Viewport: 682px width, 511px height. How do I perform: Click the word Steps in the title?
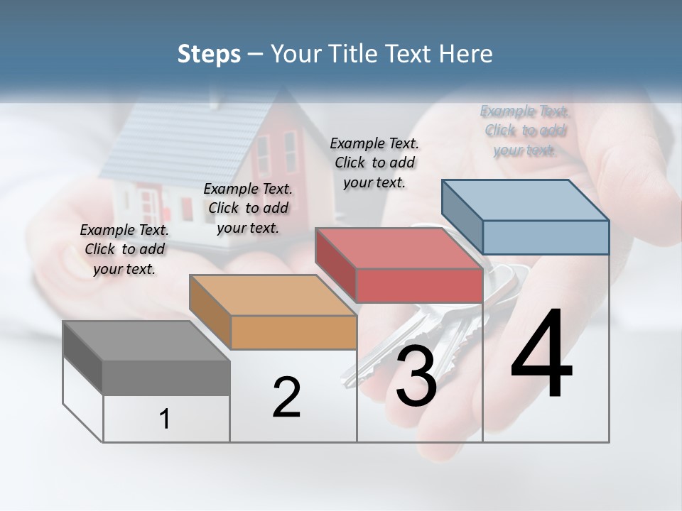[x=209, y=54]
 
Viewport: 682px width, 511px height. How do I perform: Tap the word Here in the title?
[x=466, y=54]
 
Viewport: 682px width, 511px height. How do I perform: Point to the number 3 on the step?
[x=416, y=376]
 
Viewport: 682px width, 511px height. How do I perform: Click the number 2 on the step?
[x=286, y=397]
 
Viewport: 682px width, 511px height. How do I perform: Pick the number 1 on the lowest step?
[x=165, y=419]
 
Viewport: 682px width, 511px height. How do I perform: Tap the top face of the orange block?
[x=272, y=295]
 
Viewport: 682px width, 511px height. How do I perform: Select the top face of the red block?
[x=399, y=248]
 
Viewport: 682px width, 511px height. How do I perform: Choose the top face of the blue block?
[x=526, y=199]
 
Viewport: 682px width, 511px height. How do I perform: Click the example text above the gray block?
[x=124, y=249]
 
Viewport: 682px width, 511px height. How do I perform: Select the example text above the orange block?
[x=248, y=208]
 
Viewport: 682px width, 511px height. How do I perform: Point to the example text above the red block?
[x=374, y=163]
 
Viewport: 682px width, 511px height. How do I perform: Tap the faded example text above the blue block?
[x=524, y=131]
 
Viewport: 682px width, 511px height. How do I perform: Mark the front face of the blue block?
[x=546, y=237]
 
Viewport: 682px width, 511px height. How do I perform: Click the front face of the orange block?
[x=293, y=332]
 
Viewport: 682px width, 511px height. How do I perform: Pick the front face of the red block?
[x=419, y=285]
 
